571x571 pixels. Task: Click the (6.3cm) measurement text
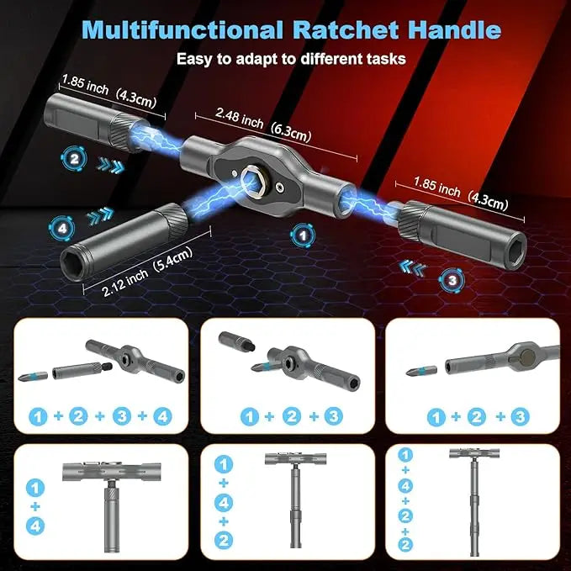pyautogui.click(x=291, y=130)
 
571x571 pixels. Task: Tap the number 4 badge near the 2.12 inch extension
pyautogui.click(x=59, y=225)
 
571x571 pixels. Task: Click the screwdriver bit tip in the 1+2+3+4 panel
pyautogui.click(x=32, y=375)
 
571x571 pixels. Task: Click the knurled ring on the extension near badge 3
pyautogui.click(x=415, y=223)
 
